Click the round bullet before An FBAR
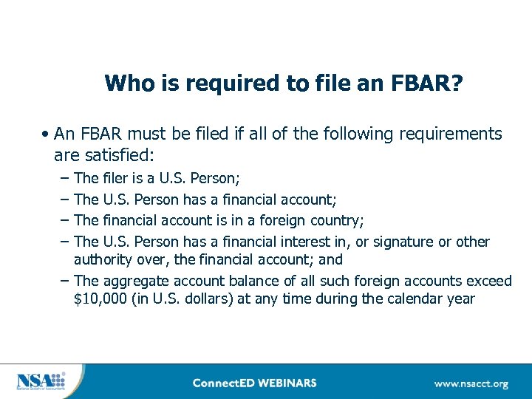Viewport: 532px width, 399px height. pyautogui.click(x=46, y=134)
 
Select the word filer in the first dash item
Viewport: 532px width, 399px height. pyautogui.click(x=117, y=178)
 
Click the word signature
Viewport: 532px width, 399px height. pyautogui.click(x=407, y=242)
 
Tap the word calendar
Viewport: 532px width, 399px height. pyautogui.click(x=417, y=299)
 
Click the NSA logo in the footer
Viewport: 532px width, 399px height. pyautogui.click(x=41, y=381)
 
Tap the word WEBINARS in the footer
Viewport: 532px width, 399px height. pyautogui.click(x=289, y=383)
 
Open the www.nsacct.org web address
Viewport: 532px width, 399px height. pyautogui.click(x=471, y=383)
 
